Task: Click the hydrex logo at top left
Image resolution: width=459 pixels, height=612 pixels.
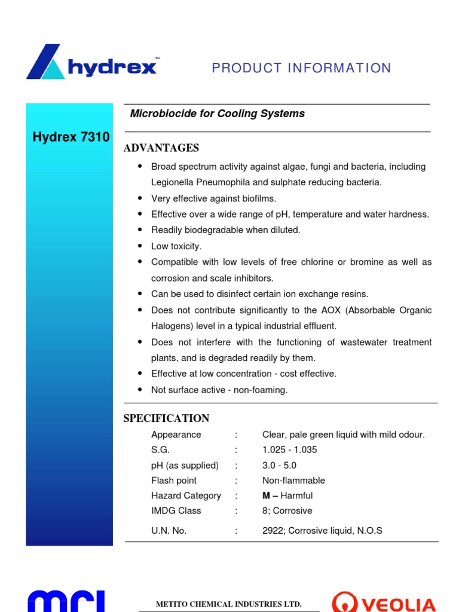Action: [x=92, y=62]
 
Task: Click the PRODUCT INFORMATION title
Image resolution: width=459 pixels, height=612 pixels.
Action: [x=301, y=68]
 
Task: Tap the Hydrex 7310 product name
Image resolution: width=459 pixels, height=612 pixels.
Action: [x=71, y=137]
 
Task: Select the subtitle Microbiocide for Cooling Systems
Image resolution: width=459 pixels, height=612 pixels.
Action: [x=217, y=114]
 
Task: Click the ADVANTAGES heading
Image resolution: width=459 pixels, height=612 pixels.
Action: [x=161, y=148]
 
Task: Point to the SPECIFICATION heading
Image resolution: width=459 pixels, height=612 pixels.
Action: [x=166, y=418]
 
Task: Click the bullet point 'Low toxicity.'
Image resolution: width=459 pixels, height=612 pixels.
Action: [x=176, y=246]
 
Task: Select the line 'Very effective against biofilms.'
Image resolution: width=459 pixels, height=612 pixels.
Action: [x=213, y=198]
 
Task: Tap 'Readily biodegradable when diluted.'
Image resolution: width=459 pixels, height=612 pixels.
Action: [x=225, y=230]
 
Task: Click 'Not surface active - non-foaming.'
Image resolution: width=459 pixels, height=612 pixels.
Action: [x=219, y=390]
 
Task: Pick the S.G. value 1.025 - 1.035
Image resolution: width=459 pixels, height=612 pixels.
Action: [x=289, y=450]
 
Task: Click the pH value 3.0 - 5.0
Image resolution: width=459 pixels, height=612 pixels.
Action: [x=279, y=466]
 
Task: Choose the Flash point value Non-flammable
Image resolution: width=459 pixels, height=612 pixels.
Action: [x=293, y=481]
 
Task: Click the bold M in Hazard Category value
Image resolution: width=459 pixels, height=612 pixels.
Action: [x=267, y=495]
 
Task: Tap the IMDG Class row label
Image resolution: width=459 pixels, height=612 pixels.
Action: [x=176, y=510]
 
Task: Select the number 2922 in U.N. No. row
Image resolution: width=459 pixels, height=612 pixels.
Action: [x=272, y=530]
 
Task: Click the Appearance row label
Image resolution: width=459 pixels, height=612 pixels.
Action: [x=176, y=434]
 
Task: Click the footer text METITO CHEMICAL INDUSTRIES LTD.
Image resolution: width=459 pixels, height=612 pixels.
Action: [x=228, y=604]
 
